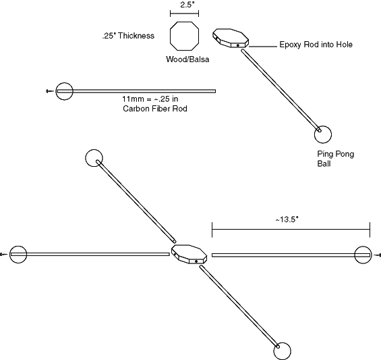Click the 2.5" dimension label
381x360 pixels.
pos(187,5)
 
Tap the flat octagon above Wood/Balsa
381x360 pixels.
pos(184,36)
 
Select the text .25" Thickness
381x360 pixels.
pos(128,36)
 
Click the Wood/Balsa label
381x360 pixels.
pos(187,59)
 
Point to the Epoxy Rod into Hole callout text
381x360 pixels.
pos(316,45)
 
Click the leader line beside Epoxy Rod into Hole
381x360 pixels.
pos(263,46)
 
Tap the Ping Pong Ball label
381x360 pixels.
pos(336,159)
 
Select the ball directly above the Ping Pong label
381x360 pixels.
pos(323,134)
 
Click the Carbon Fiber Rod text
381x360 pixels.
pos(155,108)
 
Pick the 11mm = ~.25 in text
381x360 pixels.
pos(150,99)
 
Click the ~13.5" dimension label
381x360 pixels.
pos(287,220)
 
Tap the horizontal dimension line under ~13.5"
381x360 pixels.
pos(291,229)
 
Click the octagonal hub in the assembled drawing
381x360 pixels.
pos(189,255)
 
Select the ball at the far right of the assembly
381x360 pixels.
pos(363,255)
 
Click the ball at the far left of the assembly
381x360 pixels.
pos(18,255)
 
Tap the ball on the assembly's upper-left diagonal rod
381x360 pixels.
pos(94,158)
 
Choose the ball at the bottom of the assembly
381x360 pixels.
pos(282,351)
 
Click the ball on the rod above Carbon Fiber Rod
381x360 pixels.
pos(64,91)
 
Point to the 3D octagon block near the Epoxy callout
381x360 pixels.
pos(231,38)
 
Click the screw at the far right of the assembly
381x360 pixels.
pos(378,255)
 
